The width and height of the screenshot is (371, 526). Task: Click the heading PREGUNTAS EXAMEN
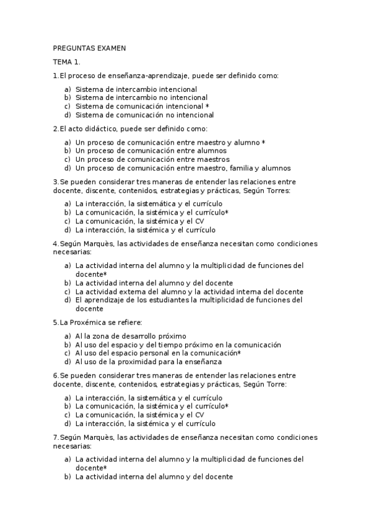coord(89,48)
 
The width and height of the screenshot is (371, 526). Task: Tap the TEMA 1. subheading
coord(66,62)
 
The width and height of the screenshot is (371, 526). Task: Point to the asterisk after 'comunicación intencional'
coord(207,106)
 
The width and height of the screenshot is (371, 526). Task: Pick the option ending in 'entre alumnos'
coord(151,151)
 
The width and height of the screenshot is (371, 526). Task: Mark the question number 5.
coord(55,323)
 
